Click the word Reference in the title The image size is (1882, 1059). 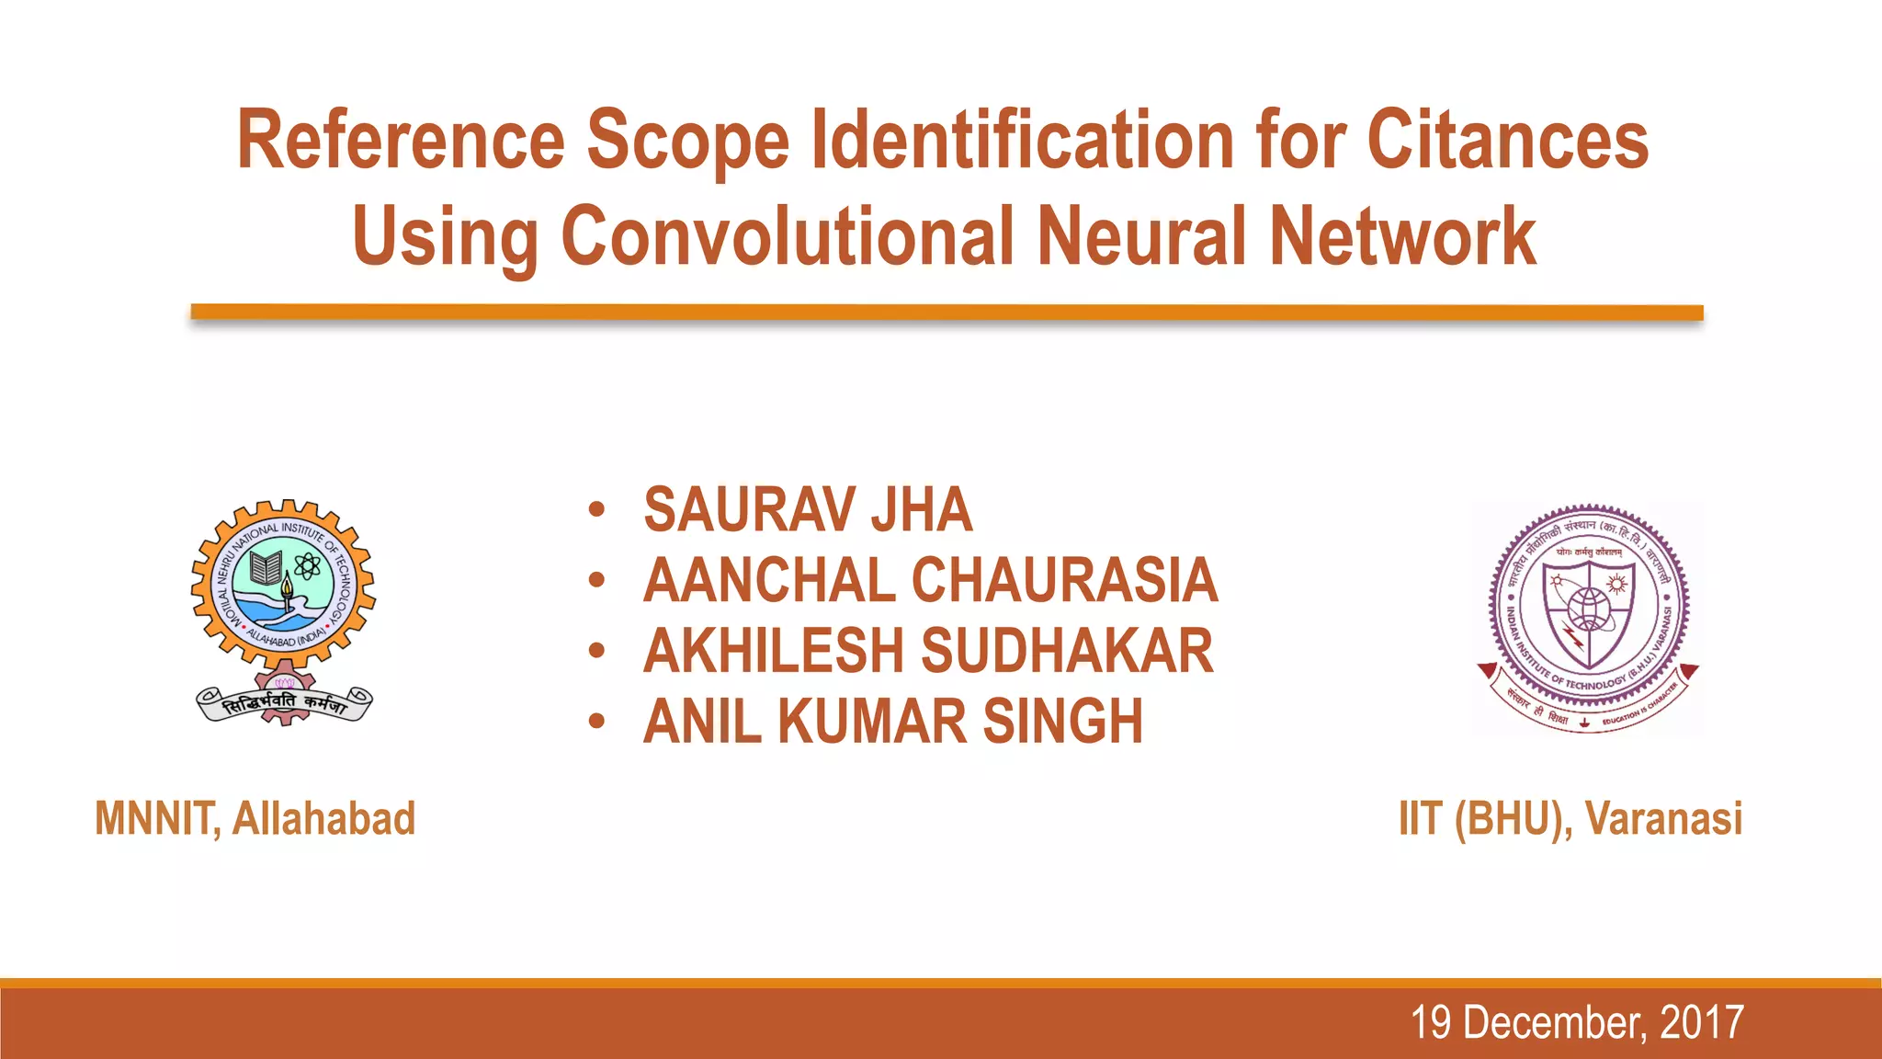pyautogui.click(x=400, y=141)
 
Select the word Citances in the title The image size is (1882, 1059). pyautogui.click(x=1507, y=141)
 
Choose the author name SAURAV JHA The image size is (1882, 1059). pyautogui.click(x=808, y=510)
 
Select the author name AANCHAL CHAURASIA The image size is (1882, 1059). pyautogui.click(x=930, y=581)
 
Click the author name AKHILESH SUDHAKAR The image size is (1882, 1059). pyautogui.click(x=928, y=651)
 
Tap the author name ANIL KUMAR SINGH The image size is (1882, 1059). pyautogui.click(x=893, y=722)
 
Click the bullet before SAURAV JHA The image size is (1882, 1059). pyautogui.click(x=597, y=510)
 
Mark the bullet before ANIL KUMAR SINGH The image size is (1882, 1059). pyautogui.click(x=597, y=722)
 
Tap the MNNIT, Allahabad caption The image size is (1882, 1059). pyautogui.click(x=255, y=818)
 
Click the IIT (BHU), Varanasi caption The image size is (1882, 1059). pyautogui.click(x=1570, y=818)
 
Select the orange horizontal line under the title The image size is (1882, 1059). pyautogui.click(x=947, y=313)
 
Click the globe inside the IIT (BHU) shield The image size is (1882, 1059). pyautogui.click(x=1588, y=609)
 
